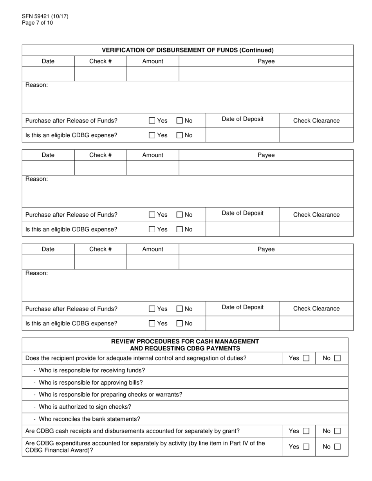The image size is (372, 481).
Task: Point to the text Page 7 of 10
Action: coord(37,23)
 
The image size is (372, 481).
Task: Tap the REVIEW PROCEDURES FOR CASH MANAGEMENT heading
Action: coord(185,341)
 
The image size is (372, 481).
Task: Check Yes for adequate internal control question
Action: coord(306,358)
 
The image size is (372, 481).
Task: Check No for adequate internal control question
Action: coord(337,358)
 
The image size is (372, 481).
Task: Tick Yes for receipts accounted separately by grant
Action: coord(306,431)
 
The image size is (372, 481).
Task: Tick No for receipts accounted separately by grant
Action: coord(337,431)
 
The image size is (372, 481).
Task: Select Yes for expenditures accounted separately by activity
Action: coord(306,447)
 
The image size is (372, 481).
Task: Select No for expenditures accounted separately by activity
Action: coord(337,447)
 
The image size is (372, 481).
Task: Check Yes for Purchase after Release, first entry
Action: coord(152,121)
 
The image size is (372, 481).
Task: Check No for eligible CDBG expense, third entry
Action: coord(180,323)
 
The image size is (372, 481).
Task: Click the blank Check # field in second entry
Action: coord(100,168)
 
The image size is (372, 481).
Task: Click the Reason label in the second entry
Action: coord(36,179)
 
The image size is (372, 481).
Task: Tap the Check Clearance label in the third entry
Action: coord(316,309)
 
